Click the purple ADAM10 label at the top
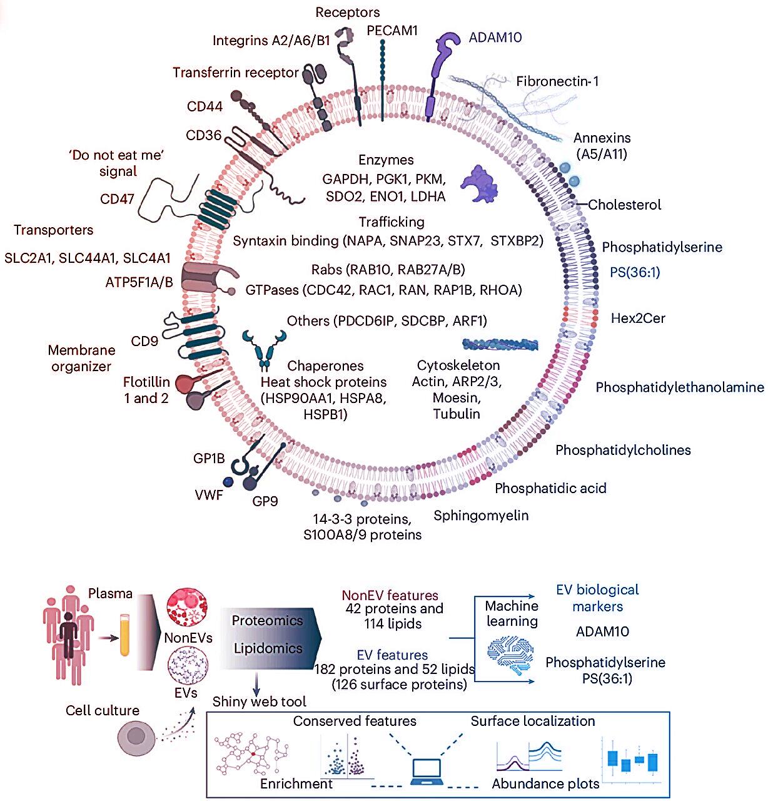[495, 38]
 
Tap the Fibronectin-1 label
[557, 81]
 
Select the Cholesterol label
[624, 205]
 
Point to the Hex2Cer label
[638, 318]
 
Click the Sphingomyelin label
[481, 516]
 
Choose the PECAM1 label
[392, 30]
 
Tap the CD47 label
[117, 199]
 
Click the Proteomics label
[267, 621]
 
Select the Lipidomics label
[268, 649]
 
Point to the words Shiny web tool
[259, 702]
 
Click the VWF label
[209, 496]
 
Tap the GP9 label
[265, 501]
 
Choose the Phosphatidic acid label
[550, 488]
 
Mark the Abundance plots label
[545, 783]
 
